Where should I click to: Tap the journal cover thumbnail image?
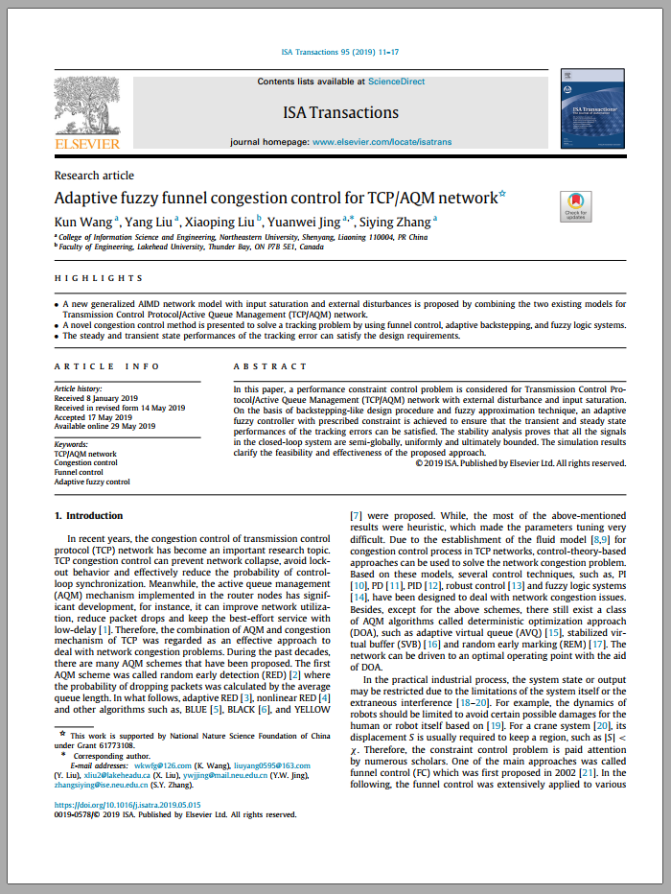[x=592, y=108]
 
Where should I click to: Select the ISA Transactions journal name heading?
[x=340, y=112]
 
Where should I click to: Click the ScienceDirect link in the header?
[x=397, y=82]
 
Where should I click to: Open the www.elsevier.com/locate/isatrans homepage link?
[x=382, y=142]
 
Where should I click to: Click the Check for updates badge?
[x=575, y=205]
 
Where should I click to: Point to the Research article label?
[x=94, y=176]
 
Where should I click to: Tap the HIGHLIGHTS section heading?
[x=99, y=278]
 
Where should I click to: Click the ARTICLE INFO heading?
[x=94, y=366]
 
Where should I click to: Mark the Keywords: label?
[x=71, y=444]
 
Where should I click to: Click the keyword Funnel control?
[x=79, y=472]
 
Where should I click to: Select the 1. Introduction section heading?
[x=88, y=515]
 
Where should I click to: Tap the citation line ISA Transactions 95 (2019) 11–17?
[x=340, y=52]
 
